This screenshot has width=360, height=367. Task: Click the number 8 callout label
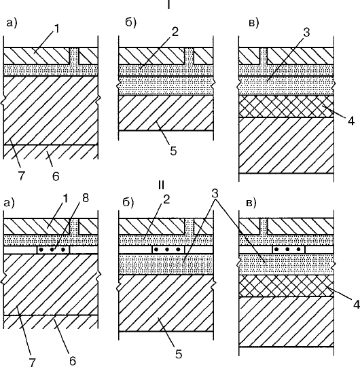[86, 199]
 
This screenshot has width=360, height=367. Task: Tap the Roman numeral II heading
[161, 185]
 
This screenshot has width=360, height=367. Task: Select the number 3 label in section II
[215, 193]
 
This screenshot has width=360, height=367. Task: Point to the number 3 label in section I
[306, 33]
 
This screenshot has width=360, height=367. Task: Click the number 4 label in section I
[351, 121]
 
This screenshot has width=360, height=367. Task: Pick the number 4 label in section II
[357, 305]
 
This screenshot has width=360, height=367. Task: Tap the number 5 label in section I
[173, 151]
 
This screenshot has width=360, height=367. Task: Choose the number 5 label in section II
[179, 354]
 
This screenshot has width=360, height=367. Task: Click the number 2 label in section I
[175, 32]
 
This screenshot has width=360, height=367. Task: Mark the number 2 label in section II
[166, 199]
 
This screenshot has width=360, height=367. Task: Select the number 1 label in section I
[57, 28]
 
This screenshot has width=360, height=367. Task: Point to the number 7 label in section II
[32, 362]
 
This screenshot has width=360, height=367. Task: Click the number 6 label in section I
[56, 176]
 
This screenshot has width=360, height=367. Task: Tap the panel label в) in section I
[254, 23]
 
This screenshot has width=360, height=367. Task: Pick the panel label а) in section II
[10, 203]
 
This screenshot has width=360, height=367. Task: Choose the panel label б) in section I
[130, 22]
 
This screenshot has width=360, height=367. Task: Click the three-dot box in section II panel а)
[54, 250]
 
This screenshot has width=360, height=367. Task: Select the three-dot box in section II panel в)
[289, 249]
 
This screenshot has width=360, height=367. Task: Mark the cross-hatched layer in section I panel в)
[286, 107]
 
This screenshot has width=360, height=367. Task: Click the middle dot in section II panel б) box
[167, 250]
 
